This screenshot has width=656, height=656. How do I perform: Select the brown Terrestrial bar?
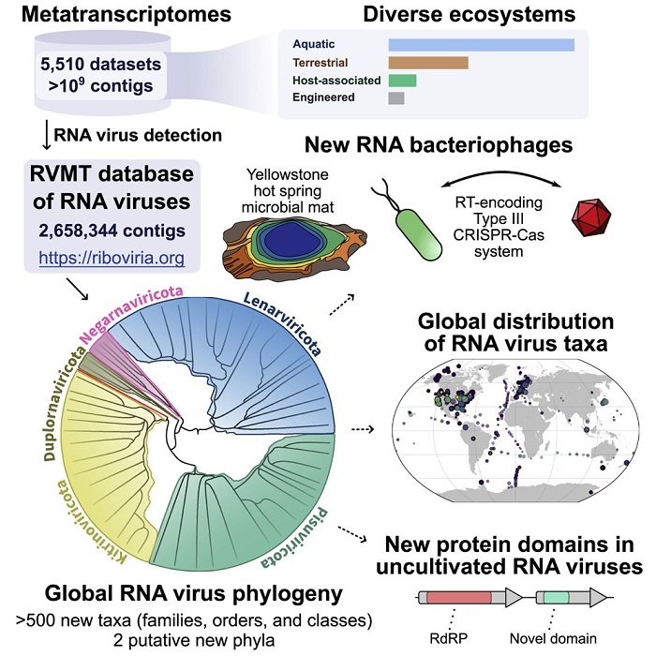pyautogui.click(x=427, y=63)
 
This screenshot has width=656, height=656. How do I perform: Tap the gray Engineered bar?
pyautogui.click(x=395, y=97)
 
